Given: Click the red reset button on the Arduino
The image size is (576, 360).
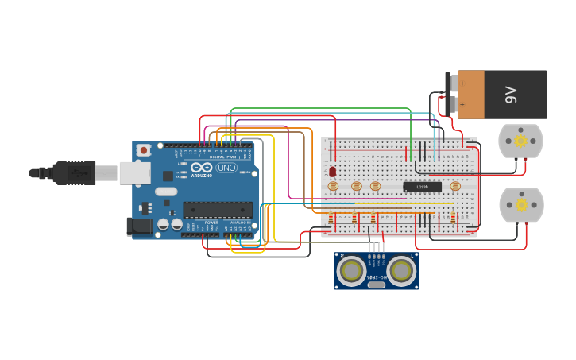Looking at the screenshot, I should point(144,149).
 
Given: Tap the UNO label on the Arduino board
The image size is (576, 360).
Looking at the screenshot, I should point(226,168).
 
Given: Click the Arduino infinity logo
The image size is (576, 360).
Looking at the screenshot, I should point(200,168).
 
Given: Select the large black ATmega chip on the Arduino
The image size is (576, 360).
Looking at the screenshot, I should point(217,210).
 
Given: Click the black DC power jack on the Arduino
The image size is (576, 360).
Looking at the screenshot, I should point(140,226).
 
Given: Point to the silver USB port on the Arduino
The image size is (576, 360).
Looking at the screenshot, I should point(134,172).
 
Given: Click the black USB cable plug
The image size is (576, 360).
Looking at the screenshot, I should point(75,172).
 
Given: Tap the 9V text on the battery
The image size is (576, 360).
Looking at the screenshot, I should point(511,95).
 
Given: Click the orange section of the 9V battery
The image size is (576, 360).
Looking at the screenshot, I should point(471,95).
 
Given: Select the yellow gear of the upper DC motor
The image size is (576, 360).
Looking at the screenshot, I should point(520,141).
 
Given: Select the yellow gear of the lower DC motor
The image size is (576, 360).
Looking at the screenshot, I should point(521,205).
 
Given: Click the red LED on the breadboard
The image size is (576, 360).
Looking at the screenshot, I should point(332,171).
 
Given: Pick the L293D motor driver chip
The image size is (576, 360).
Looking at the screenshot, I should point(422,187).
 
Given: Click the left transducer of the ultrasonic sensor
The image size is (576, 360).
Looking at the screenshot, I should point(351,271).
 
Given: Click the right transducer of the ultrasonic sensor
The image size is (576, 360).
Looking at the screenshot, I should point(401,271).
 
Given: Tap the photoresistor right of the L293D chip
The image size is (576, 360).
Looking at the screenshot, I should point(455,187).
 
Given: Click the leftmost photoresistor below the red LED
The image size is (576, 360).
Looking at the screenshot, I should point(333,187).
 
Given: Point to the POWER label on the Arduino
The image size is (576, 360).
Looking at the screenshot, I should point(211,223).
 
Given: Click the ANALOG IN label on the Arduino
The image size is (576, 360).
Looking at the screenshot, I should point(238,223).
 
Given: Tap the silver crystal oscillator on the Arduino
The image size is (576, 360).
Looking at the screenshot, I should point(166,192).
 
